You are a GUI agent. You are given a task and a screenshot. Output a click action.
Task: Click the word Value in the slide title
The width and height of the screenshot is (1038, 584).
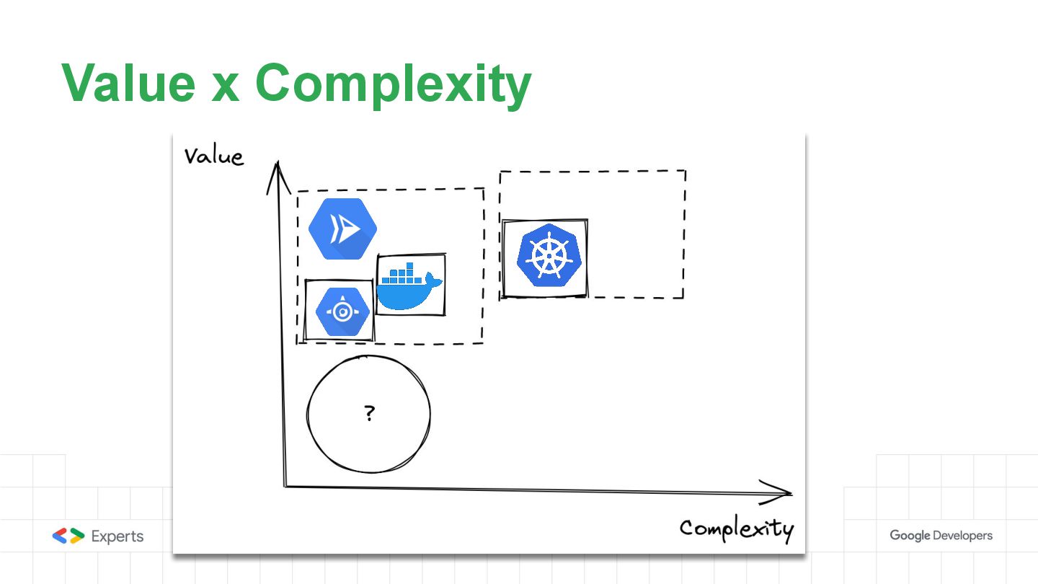tap(128, 83)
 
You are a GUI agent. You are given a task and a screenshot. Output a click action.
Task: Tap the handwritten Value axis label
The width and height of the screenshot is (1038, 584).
tap(213, 156)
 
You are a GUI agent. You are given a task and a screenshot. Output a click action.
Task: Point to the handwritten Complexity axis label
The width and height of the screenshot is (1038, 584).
tap(736, 528)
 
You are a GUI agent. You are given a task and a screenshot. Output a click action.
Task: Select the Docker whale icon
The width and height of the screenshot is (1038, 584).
tap(409, 286)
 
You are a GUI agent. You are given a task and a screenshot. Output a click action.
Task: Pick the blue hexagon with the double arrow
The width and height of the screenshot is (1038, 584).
tap(342, 229)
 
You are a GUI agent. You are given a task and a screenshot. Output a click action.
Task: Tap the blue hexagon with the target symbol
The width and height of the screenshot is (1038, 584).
tap(342, 311)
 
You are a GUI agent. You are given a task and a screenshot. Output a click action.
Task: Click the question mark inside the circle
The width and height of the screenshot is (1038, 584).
tap(369, 414)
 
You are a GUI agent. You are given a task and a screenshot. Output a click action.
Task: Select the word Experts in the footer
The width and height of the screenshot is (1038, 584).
tap(117, 536)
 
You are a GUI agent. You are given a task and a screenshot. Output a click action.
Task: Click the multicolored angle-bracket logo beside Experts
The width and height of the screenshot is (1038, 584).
tap(68, 536)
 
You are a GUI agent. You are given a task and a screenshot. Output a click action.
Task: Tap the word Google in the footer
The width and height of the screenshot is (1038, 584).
tap(909, 536)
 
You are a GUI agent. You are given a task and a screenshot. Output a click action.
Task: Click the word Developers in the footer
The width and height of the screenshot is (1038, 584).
tap(962, 536)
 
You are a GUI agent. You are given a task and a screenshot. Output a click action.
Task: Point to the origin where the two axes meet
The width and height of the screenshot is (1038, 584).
tap(285, 486)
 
